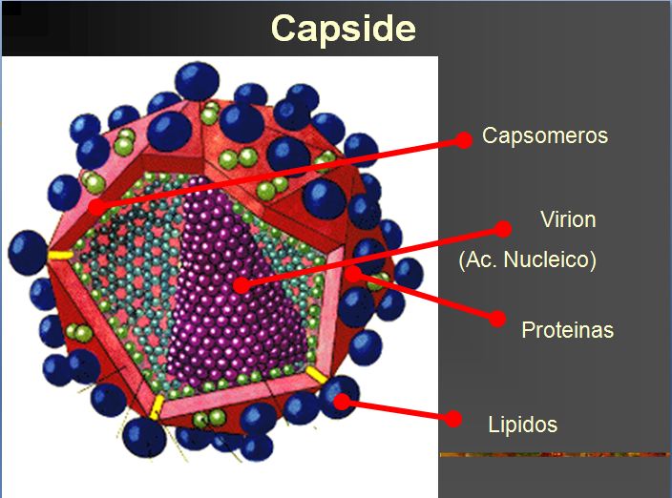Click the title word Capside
point(344,29)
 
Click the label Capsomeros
point(545,135)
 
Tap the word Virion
point(568,219)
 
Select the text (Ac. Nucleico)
point(527,259)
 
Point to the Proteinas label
point(567,330)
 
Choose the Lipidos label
point(522,425)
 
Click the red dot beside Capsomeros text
point(463,140)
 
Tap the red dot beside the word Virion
point(503,229)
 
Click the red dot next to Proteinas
point(497,319)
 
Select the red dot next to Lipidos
point(453,419)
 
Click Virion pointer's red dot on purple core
point(242,285)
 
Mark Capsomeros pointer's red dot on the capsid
point(96,207)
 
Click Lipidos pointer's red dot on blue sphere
point(342,402)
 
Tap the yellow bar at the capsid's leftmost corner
point(60,256)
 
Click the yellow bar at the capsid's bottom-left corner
point(157,407)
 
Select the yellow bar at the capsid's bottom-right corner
point(316,375)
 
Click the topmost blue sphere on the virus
point(198,81)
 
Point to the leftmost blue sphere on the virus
point(28,253)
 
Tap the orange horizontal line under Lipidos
point(555,455)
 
